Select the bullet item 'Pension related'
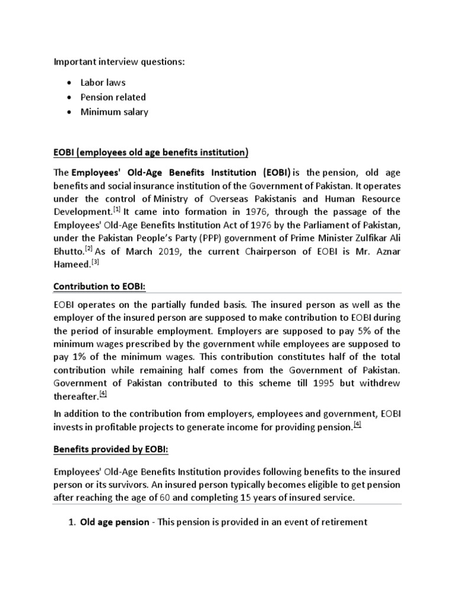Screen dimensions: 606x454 click(113, 97)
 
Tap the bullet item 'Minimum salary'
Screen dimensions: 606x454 click(114, 112)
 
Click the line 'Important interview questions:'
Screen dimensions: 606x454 click(119, 61)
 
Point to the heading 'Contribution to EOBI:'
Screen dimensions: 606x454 click(99, 286)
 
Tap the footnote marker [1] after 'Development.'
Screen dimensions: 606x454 click(117, 209)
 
